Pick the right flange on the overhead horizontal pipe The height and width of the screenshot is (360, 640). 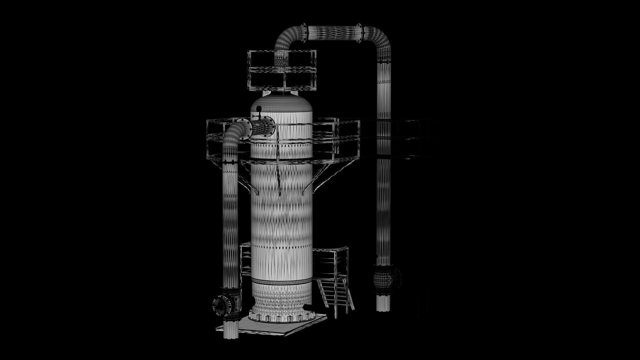[x=359, y=33]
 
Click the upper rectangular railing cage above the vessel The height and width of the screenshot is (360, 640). [x=282, y=70]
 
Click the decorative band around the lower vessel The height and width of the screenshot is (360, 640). [x=282, y=282]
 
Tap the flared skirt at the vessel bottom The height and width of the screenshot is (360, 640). [x=282, y=300]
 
